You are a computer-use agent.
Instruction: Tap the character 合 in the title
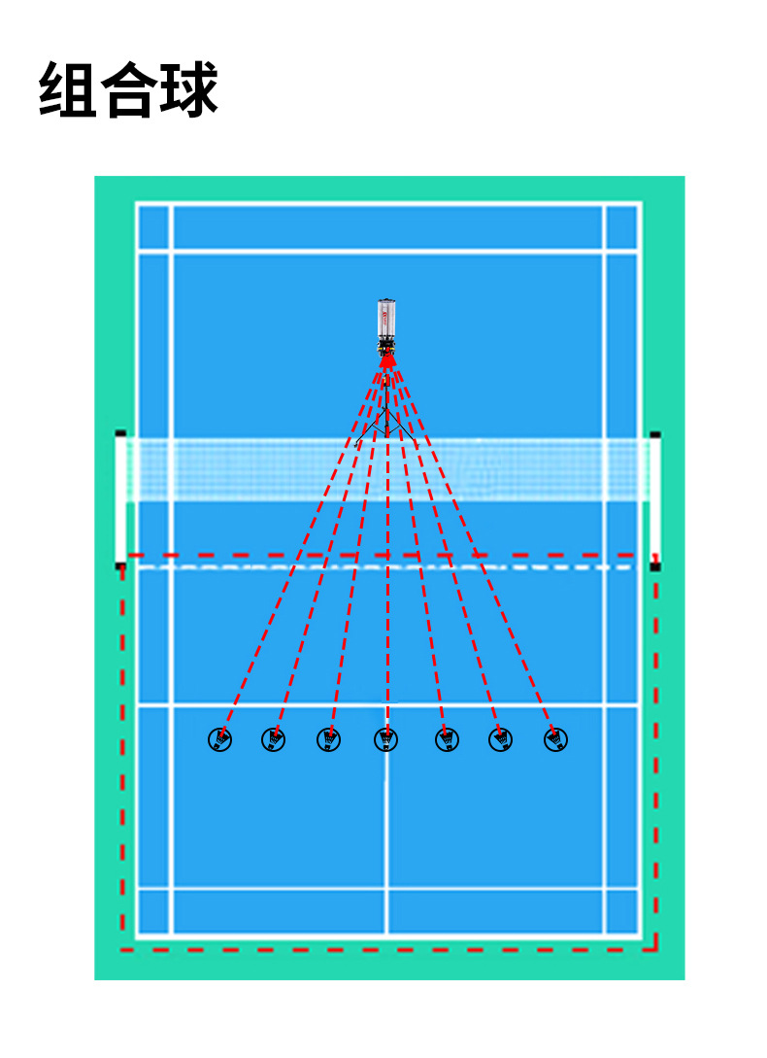128,90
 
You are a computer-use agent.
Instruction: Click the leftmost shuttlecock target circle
220,740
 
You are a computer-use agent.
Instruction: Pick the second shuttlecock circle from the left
274,740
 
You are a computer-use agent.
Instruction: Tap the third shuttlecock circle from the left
329,740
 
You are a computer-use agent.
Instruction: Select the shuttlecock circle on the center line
386,740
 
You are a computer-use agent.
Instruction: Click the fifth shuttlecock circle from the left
447,740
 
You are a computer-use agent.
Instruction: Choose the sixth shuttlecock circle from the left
500,740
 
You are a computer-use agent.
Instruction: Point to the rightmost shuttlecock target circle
555,740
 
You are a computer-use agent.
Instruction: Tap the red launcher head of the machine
387,360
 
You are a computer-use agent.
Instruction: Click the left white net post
121,497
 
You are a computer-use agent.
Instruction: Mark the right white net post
655,497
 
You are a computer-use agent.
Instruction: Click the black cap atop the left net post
120,433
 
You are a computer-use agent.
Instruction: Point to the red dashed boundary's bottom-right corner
656,948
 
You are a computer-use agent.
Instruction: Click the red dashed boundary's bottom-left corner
122,948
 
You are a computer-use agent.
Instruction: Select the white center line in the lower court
386,836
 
